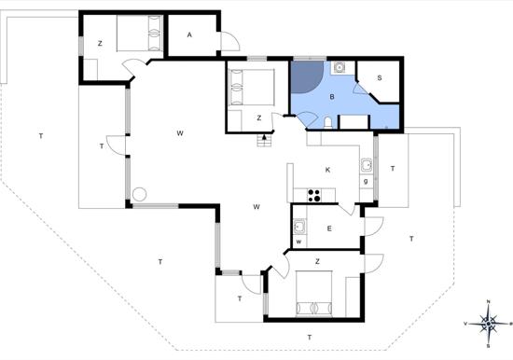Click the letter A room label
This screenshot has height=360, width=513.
tap(189, 35)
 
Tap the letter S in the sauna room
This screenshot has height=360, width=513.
tap(380, 78)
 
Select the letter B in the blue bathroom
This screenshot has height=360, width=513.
tap(332, 97)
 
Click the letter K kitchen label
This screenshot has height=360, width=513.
tap(327, 170)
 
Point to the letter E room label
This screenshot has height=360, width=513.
tap(329, 228)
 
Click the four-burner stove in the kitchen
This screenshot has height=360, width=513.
tap(314, 195)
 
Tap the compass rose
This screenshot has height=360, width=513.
tap(488, 324)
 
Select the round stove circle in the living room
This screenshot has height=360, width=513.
tap(140, 194)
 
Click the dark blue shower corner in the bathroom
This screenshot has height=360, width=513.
tap(307, 76)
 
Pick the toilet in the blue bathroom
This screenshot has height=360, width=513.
tap(327, 122)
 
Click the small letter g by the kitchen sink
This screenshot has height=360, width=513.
tap(366, 181)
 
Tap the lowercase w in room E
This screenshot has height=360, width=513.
tap(298, 242)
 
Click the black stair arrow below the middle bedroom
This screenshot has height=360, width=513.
tap(264, 136)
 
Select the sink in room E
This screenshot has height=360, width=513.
tap(299, 226)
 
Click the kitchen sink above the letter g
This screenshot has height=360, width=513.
tap(367, 165)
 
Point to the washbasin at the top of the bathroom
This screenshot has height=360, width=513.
tap(340, 68)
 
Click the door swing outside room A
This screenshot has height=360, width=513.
tap(230, 41)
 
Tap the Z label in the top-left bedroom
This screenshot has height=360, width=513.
tap(100, 43)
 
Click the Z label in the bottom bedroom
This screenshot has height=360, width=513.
tap(317, 261)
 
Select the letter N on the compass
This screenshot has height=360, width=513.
tap(489, 301)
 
